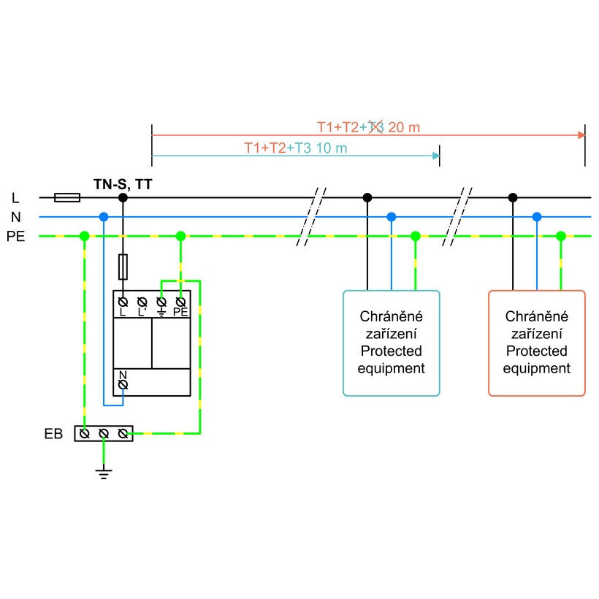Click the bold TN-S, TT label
tap(123, 185)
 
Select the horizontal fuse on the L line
tap(67, 197)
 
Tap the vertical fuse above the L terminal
tap(123, 267)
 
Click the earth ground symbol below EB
tap(104, 473)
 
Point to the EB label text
tap(53, 434)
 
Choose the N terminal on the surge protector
tap(123, 385)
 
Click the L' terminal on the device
tap(142, 302)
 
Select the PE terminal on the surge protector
tap(180, 302)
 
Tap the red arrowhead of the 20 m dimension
tap(581, 135)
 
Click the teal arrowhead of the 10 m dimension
tap(436, 156)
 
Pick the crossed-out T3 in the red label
tap(375, 127)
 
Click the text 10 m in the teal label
tap(332, 148)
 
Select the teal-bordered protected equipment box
tap(392, 343)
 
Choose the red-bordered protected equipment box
tap(537, 343)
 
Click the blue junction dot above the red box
tap(537, 217)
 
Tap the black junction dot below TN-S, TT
tap(123, 197)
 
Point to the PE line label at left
tap(15, 237)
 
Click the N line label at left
tap(15, 217)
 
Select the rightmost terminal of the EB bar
tap(123, 434)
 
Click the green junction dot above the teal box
tap(415, 236)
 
